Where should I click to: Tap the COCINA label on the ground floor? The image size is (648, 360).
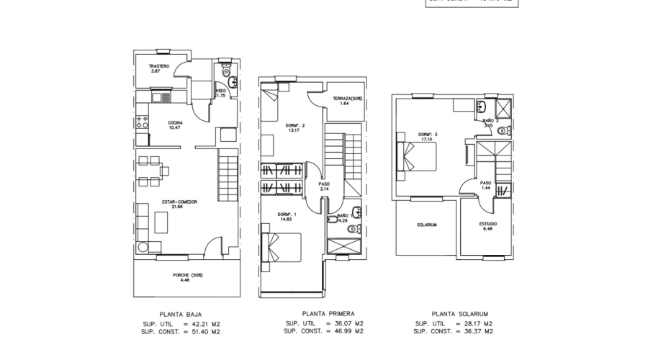(174, 123)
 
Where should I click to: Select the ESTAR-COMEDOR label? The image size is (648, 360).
(179, 202)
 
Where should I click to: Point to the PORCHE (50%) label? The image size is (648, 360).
(187, 275)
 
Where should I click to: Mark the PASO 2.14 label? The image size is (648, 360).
(323, 185)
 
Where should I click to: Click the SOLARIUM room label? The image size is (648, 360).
(427, 225)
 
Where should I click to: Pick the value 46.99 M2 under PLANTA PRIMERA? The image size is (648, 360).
(348, 331)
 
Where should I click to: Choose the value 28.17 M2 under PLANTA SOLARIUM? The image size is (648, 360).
(478, 323)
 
